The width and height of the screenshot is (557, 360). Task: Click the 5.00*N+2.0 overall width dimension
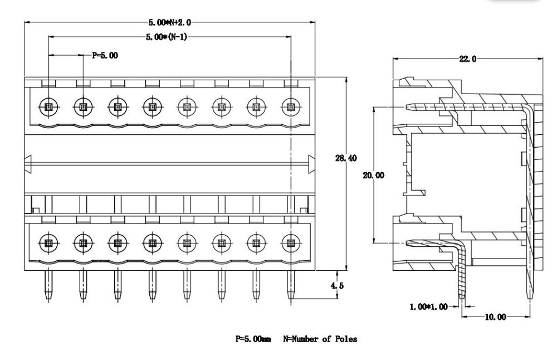169,23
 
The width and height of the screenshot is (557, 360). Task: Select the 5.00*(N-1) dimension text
169,37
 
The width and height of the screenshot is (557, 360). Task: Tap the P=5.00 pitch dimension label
105,55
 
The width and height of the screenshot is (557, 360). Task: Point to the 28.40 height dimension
346,159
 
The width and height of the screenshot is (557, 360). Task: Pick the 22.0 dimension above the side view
468,60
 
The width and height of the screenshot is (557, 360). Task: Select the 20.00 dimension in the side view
373,175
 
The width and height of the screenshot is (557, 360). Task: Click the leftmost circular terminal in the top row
48,106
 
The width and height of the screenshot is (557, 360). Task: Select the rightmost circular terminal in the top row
290,106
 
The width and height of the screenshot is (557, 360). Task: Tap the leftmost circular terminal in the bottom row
48,242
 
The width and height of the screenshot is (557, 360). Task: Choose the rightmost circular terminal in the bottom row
290,242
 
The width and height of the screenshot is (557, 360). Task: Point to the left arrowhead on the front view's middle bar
30,163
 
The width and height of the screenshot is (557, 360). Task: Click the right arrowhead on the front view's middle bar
312,163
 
